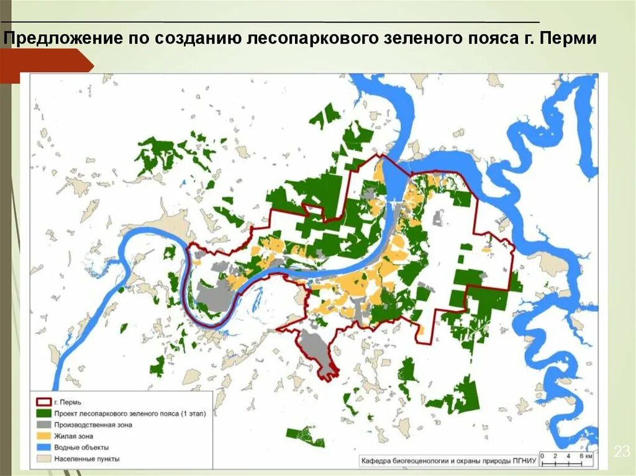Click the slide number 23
[622, 452]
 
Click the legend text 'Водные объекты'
[81, 447]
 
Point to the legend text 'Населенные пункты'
[86, 459]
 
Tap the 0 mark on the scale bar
[542, 455]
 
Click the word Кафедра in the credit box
[377, 460]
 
